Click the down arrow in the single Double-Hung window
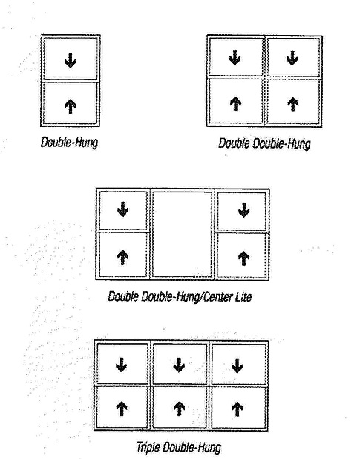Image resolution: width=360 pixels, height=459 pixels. (x=71, y=60)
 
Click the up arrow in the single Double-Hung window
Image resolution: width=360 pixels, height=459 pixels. (x=71, y=106)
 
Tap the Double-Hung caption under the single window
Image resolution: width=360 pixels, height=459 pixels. (x=69, y=143)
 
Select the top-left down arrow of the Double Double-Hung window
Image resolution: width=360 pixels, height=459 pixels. (x=235, y=57)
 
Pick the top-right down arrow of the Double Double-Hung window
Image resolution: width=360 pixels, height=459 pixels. (x=292, y=57)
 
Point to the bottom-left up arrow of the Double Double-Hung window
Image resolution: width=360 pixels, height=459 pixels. (x=235, y=104)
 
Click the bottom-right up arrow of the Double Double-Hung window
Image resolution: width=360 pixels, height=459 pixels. (x=292, y=104)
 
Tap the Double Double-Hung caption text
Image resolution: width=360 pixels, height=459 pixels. (x=264, y=144)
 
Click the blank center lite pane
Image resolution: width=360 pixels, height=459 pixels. (x=182, y=234)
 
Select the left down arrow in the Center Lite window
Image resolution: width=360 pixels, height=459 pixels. (x=122, y=209)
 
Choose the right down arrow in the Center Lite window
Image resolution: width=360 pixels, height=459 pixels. (x=244, y=210)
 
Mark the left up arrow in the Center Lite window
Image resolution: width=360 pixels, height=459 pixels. (x=122, y=258)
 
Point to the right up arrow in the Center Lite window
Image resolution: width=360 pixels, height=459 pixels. (x=243, y=258)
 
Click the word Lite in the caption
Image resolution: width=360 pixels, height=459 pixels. (x=243, y=297)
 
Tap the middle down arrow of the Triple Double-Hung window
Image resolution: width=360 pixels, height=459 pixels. (x=179, y=365)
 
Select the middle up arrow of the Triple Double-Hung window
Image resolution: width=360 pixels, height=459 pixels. (x=180, y=408)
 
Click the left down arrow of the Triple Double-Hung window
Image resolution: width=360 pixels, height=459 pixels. (x=122, y=365)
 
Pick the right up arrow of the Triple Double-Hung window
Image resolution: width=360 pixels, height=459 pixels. (x=238, y=408)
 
